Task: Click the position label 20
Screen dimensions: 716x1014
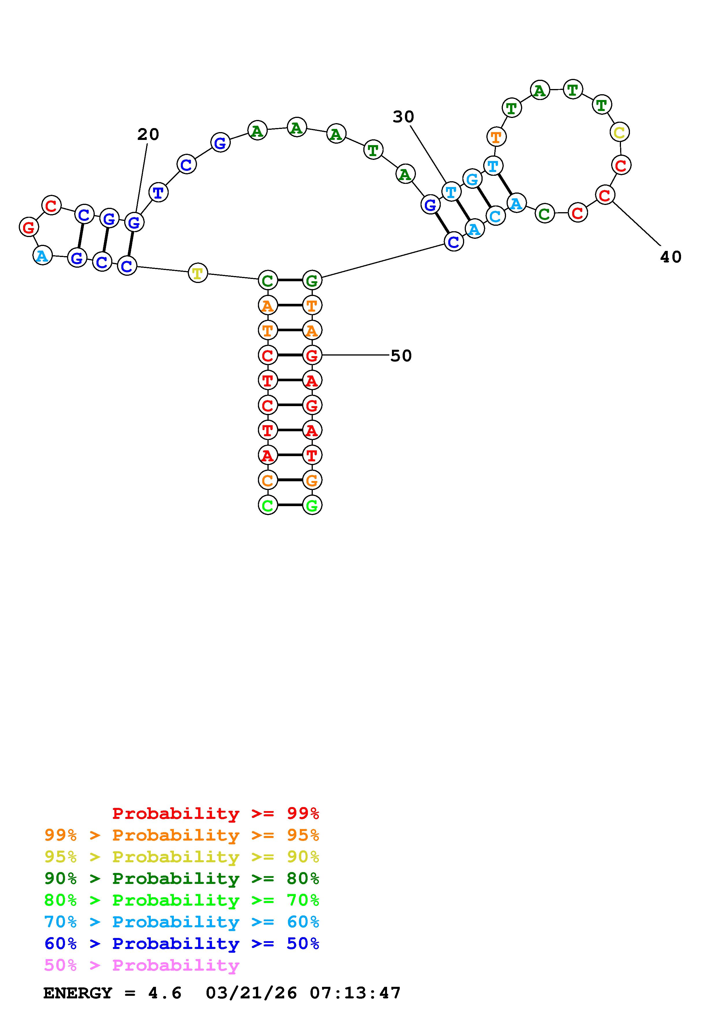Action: click(148, 134)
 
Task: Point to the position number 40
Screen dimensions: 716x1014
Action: click(671, 257)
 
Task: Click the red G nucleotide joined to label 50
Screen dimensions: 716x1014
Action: click(312, 355)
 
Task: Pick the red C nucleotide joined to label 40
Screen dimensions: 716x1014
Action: click(605, 195)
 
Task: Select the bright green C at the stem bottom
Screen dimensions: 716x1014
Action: click(268, 505)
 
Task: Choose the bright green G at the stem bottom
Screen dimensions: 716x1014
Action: click(312, 505)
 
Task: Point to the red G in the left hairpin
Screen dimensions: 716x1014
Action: click(29, 227)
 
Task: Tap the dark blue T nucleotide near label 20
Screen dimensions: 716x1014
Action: click(158, 193)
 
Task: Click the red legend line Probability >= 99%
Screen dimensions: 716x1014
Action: click(216, 813)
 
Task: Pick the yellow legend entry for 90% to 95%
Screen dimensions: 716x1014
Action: click(182, 857)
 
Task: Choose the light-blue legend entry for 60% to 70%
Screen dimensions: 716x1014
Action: click(182, 922)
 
